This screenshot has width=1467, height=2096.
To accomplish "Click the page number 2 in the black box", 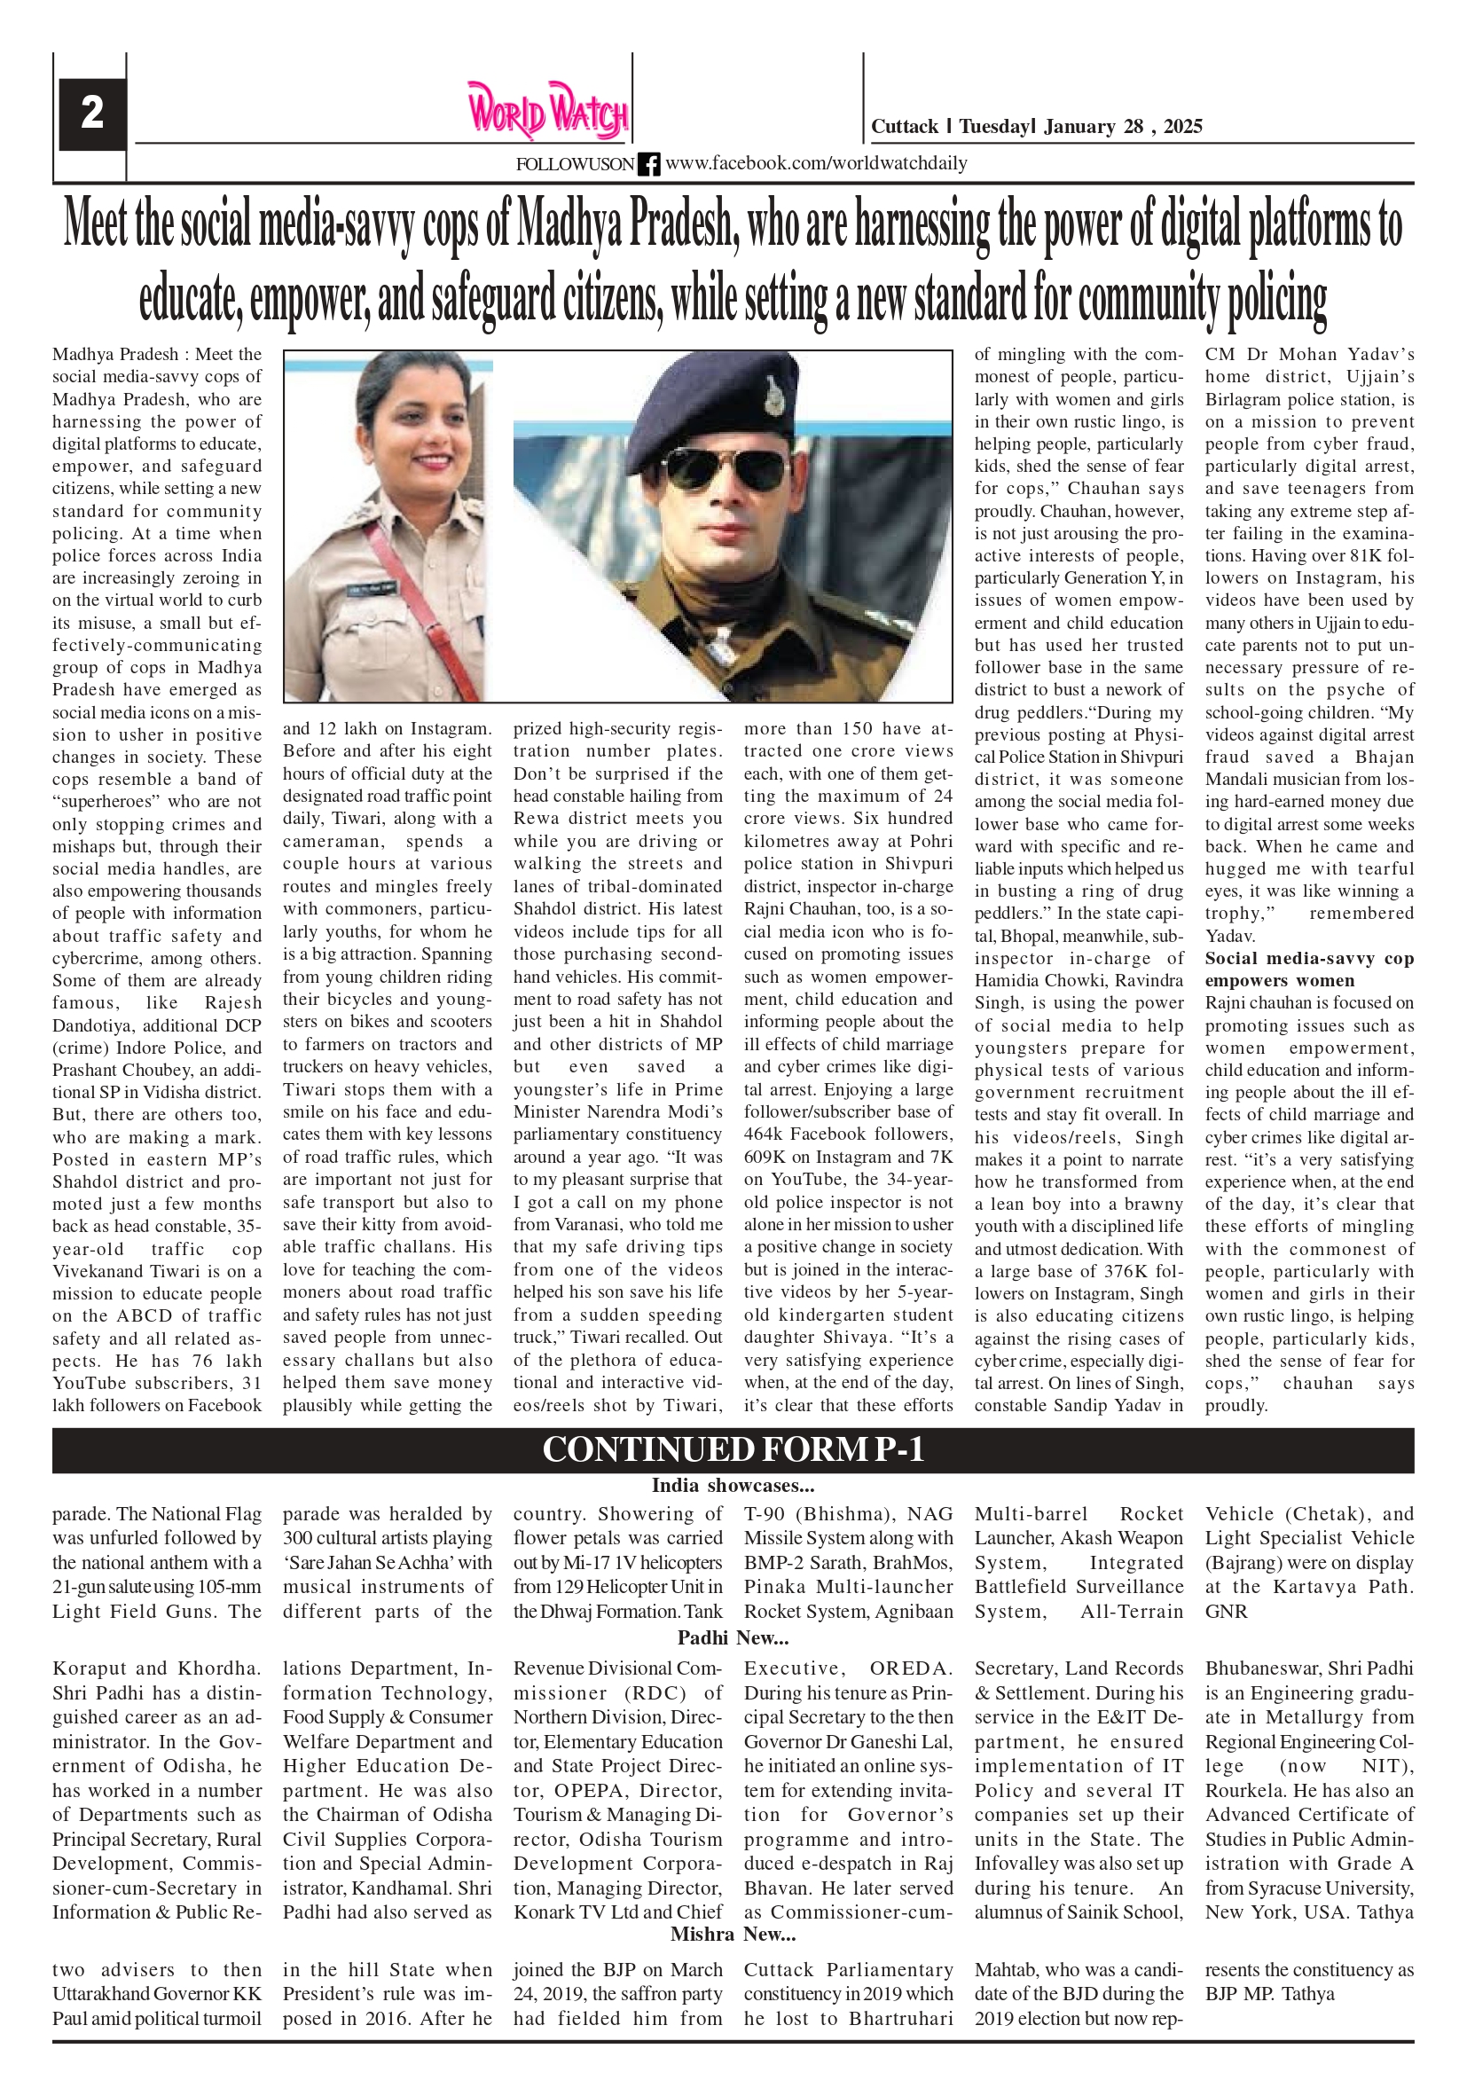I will pyautogui.click(x=92, y=114).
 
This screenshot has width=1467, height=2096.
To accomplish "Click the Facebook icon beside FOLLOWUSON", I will pyautogui.click(x=648, y=164).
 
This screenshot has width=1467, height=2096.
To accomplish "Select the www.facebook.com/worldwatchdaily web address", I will pyautogui.click(x=816, y=163).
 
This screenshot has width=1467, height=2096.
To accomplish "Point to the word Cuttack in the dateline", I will pyautogui.click(x=904, y=126).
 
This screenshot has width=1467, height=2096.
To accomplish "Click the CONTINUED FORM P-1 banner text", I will pyautogui.click(x=733, y=1448).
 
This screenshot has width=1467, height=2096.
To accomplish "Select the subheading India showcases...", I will pyautogui.click(x=732, y=1485).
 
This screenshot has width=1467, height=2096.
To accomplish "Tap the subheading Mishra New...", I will pyautogui.click(x=732, y=1934).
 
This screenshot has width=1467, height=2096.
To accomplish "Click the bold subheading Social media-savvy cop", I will pyautogui.click(x=1308, y=959).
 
